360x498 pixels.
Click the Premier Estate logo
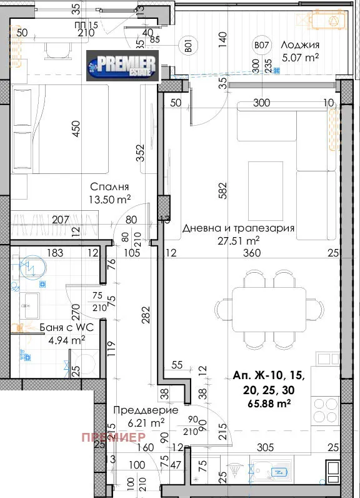click(x=122, y=65)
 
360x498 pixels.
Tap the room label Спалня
click(x=109, y=186)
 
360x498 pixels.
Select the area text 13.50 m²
click(x=109, y=199)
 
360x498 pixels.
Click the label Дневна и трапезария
click(x=238, y=228)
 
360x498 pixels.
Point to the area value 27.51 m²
click(x=238, y=240)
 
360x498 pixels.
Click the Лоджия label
click(x=300, y=45)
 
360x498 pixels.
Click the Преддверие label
click(x=146, y=410)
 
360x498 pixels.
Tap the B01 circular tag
click(x=186, y=45)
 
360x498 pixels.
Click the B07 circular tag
click(x=261, y=45)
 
